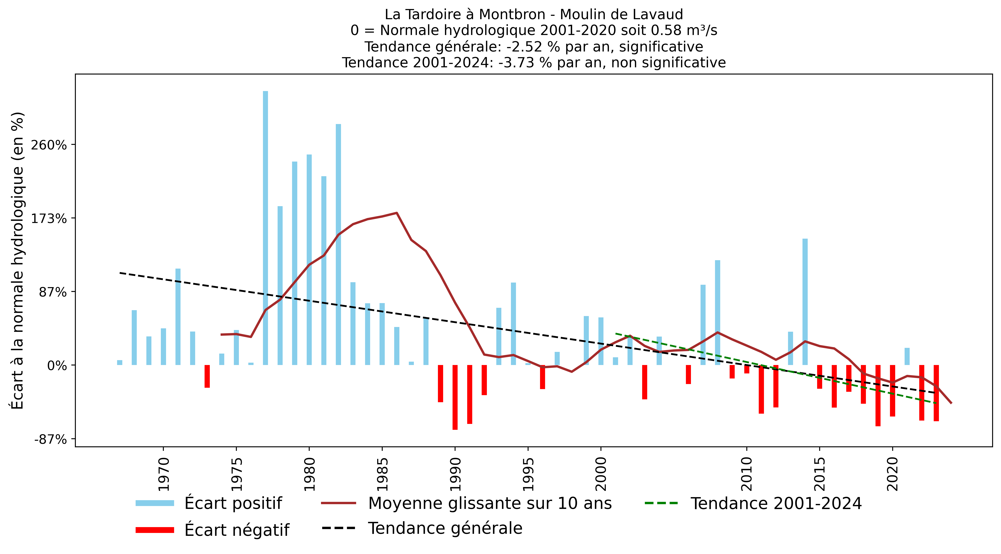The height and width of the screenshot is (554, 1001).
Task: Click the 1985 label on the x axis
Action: pyautogui.click(x=383, y=474)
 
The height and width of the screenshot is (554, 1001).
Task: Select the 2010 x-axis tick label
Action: pyautogui.click(x=747, y=474)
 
